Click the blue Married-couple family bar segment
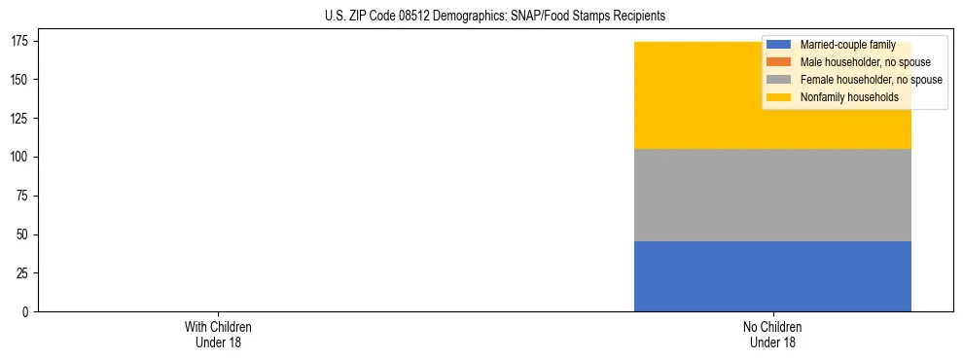tap(772, 276)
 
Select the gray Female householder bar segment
tap(772, 195)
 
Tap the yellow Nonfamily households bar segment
tap(700, 95)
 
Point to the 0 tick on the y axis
tap(27, 312)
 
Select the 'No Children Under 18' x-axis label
tap(772, 334)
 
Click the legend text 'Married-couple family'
tap(847, 45)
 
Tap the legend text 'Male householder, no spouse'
tap(865, 62)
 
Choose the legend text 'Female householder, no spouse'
tap(871, 80)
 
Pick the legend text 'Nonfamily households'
tap(849, 97)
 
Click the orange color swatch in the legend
tap(779, 62)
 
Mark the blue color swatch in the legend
tap(779, 45)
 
